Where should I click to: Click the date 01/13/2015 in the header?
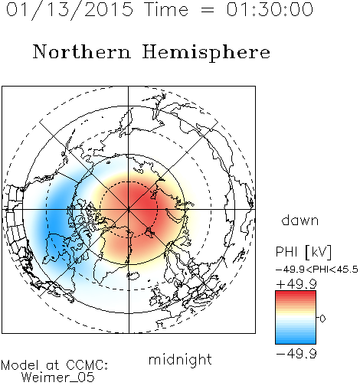[70, 10]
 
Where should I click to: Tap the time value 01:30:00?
[270, 9]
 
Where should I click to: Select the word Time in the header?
[166, 9]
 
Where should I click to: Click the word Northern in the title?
[82, 51]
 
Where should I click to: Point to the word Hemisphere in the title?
[206, 52]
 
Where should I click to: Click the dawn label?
[300, 220]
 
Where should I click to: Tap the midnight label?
[180, 359]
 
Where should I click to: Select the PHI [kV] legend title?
[303, 252]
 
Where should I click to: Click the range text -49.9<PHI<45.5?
[316, 270]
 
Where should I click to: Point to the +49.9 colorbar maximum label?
[296, 284]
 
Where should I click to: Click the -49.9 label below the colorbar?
[296, 354]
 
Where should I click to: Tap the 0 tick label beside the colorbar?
[322, 319]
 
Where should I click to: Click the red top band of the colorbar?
[296, 295]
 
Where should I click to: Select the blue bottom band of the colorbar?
[296, 339]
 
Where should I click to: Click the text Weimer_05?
[57, 378]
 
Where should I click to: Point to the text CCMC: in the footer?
[87, 365]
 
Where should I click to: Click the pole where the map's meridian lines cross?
[129, 210]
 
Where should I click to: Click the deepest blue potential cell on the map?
[55, 220]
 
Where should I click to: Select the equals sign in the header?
[208, 10]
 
